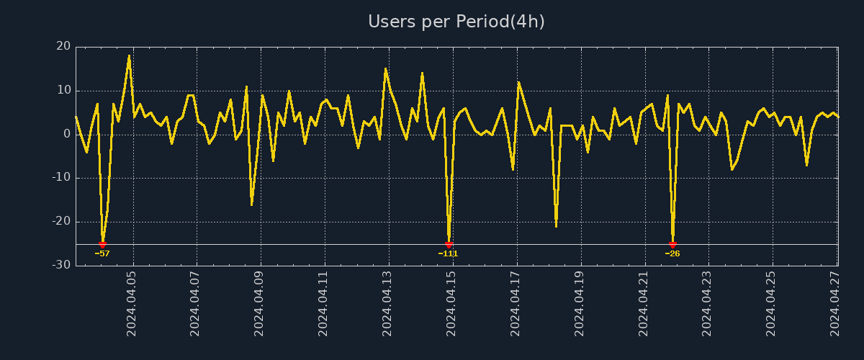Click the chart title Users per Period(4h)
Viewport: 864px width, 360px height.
(456, 22)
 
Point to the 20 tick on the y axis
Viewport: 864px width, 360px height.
(63, 47)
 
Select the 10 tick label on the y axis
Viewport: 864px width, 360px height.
(63, 91)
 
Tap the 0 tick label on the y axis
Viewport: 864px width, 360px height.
(67, 135)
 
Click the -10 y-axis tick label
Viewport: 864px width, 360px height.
(61, 178)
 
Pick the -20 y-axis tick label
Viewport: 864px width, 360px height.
(61, 222)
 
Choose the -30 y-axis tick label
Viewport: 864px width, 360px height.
(61, 265)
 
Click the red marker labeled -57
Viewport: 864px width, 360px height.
(102, 245)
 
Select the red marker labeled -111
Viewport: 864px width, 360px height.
(449, 245)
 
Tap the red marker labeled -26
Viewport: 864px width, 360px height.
(672, 245)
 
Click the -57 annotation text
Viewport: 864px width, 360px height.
(102, 253)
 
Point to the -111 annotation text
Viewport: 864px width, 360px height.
(448, 253)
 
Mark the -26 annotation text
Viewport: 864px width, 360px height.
(672, 253)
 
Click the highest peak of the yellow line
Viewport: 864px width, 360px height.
(129, 55)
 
